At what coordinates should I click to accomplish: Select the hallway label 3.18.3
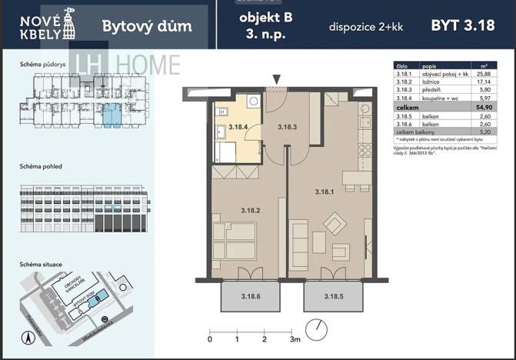(287, 127)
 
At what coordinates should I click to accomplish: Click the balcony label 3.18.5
(333, 296)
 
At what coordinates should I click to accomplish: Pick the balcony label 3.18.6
(251, 296)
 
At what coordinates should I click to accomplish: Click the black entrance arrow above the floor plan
(277, 78)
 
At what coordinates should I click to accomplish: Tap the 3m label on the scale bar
(294, 338)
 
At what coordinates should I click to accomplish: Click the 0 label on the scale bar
(210, 338)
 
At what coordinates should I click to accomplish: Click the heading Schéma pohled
(41, 165)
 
